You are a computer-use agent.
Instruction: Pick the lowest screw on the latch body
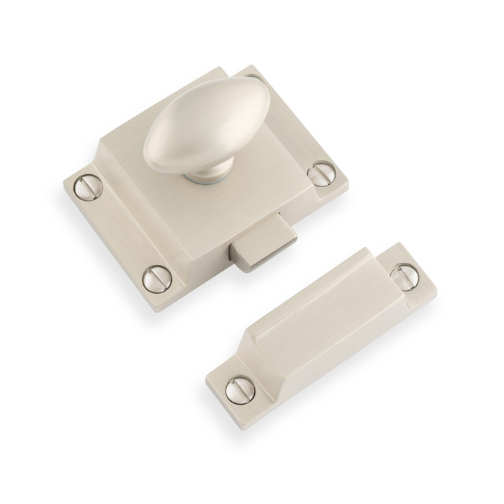click(156, 275)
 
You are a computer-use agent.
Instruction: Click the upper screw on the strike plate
click(403, 274)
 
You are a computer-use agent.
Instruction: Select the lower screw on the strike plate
click(236, 390)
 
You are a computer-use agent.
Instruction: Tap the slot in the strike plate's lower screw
click(236, 390)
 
